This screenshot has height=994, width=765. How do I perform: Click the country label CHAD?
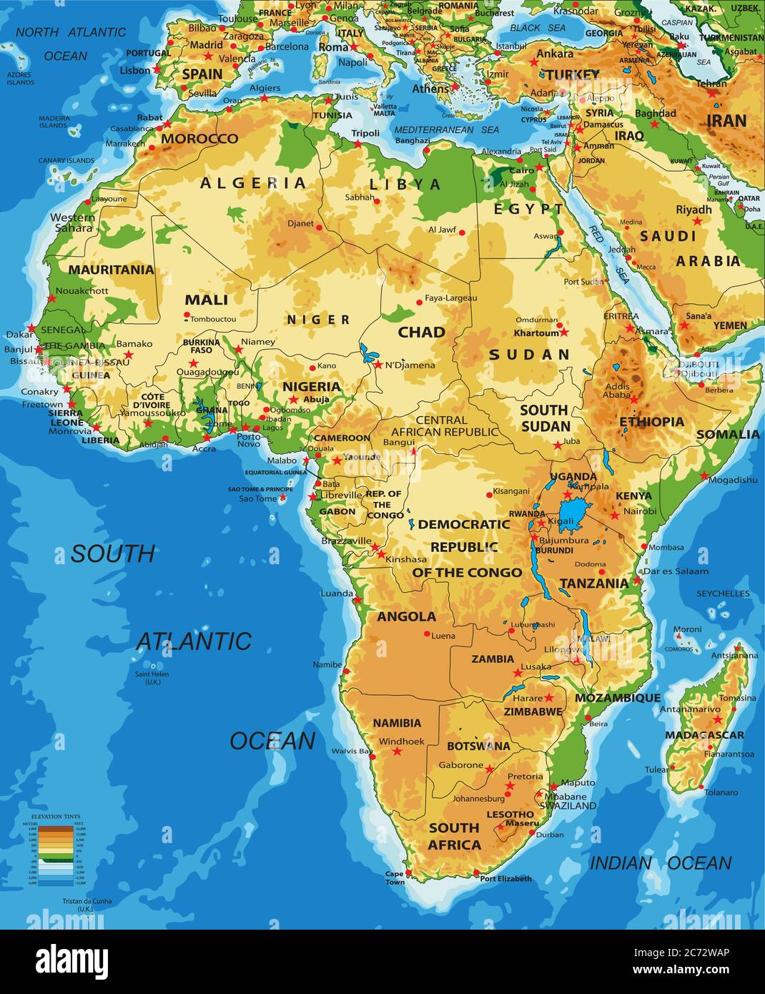click(x=421, y=332)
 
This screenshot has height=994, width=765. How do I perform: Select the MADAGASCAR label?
click(x=704, y=734)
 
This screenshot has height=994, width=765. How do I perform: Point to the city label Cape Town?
click(x=395, y=877)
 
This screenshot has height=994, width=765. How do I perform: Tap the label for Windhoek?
click(x=401, y=741)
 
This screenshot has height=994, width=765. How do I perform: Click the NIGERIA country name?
click(x=311, y=386)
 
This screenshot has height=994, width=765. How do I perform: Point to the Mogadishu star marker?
click(x=704, y=476)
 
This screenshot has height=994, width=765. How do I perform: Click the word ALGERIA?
click(x=253, y=183)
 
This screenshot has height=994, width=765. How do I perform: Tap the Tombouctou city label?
click(x=213, y=319)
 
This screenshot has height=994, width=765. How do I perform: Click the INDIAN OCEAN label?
click(x=660, y=863)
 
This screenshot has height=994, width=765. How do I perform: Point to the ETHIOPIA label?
click(x=651, y=421)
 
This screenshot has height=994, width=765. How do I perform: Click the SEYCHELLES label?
click(x=723, y=594)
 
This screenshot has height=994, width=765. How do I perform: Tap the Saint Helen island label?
click(x=153, y=677)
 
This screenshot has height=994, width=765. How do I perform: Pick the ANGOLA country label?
click(x=406, y=616)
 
